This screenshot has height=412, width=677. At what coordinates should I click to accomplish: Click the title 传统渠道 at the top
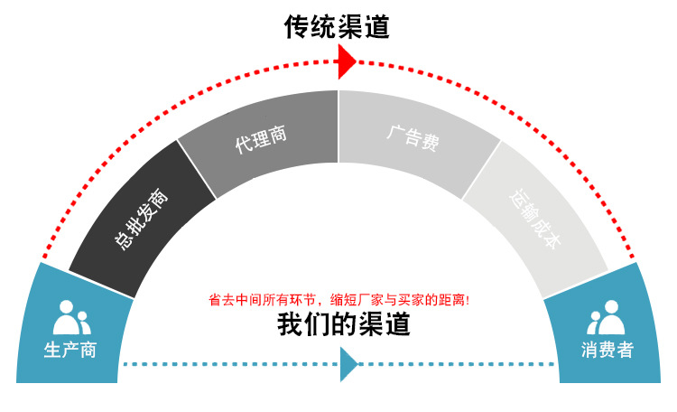coord(338,27)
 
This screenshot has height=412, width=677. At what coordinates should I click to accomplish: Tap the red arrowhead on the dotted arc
coord(347,61)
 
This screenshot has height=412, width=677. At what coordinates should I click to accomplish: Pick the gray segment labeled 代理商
coord(262,136)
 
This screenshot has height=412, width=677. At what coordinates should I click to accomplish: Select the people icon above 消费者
coord(607,316)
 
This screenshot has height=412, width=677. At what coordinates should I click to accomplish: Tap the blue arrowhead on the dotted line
coord(348,364)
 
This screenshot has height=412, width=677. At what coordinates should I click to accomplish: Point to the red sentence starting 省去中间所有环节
coord(338,299)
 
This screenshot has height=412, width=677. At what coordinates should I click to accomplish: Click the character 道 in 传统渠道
coord(376,27)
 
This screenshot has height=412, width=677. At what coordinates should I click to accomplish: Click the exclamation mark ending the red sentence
coord(467,299)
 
